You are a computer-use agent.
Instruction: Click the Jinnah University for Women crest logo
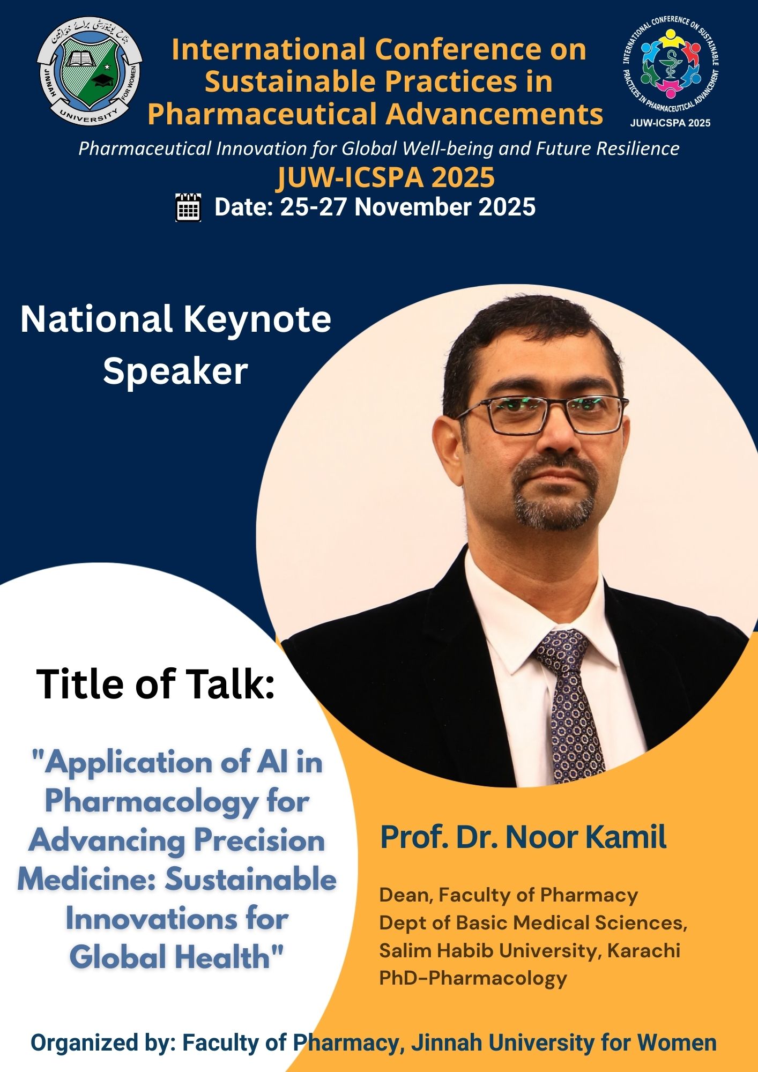click(90, 71)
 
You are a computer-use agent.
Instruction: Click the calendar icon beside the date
click(188, 207)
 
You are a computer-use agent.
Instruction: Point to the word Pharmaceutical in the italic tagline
click(145, 148)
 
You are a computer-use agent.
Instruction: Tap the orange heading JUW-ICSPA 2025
click(385, 177)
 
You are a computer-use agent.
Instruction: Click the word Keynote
click(257, 320)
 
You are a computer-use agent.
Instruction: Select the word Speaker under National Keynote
click(175, 371)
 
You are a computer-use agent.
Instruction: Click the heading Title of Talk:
click(155, 684)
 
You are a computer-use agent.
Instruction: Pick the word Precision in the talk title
click(259, 840)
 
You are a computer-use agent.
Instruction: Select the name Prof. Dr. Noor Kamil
click(523, 837)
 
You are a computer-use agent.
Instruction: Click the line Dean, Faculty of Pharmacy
click(509, 895)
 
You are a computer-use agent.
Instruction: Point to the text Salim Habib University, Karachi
click(530, 950)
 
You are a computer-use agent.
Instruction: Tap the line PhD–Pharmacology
click(473, 978)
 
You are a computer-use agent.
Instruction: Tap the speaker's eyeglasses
click(541, 414)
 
